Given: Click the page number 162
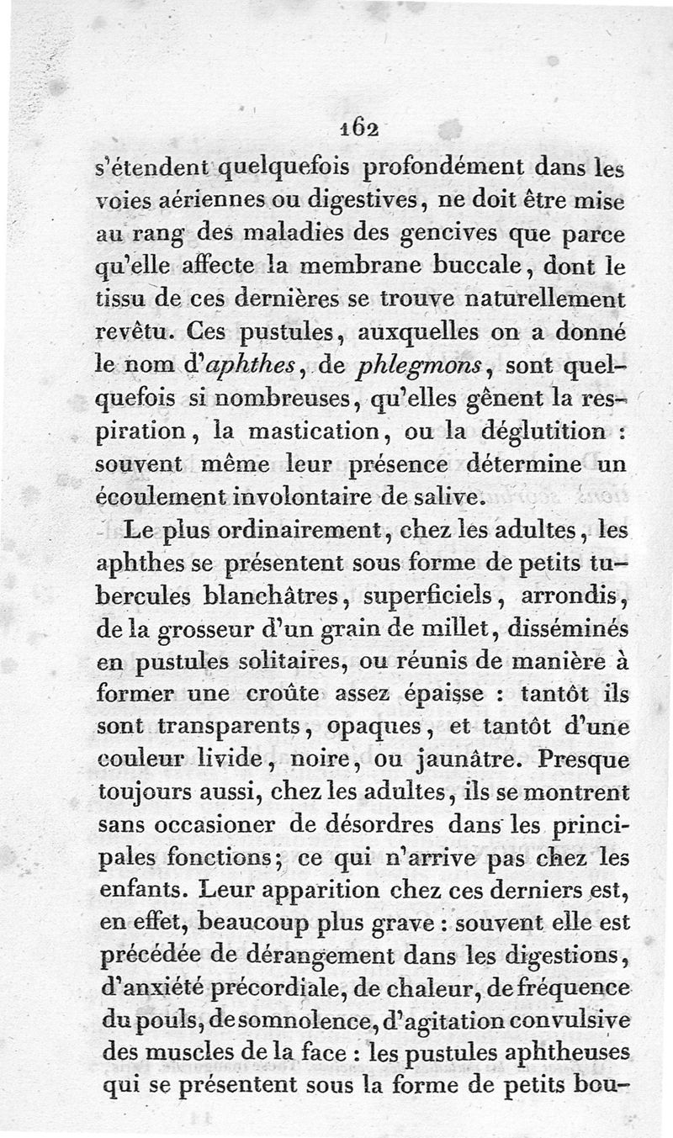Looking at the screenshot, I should coord(357,125).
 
